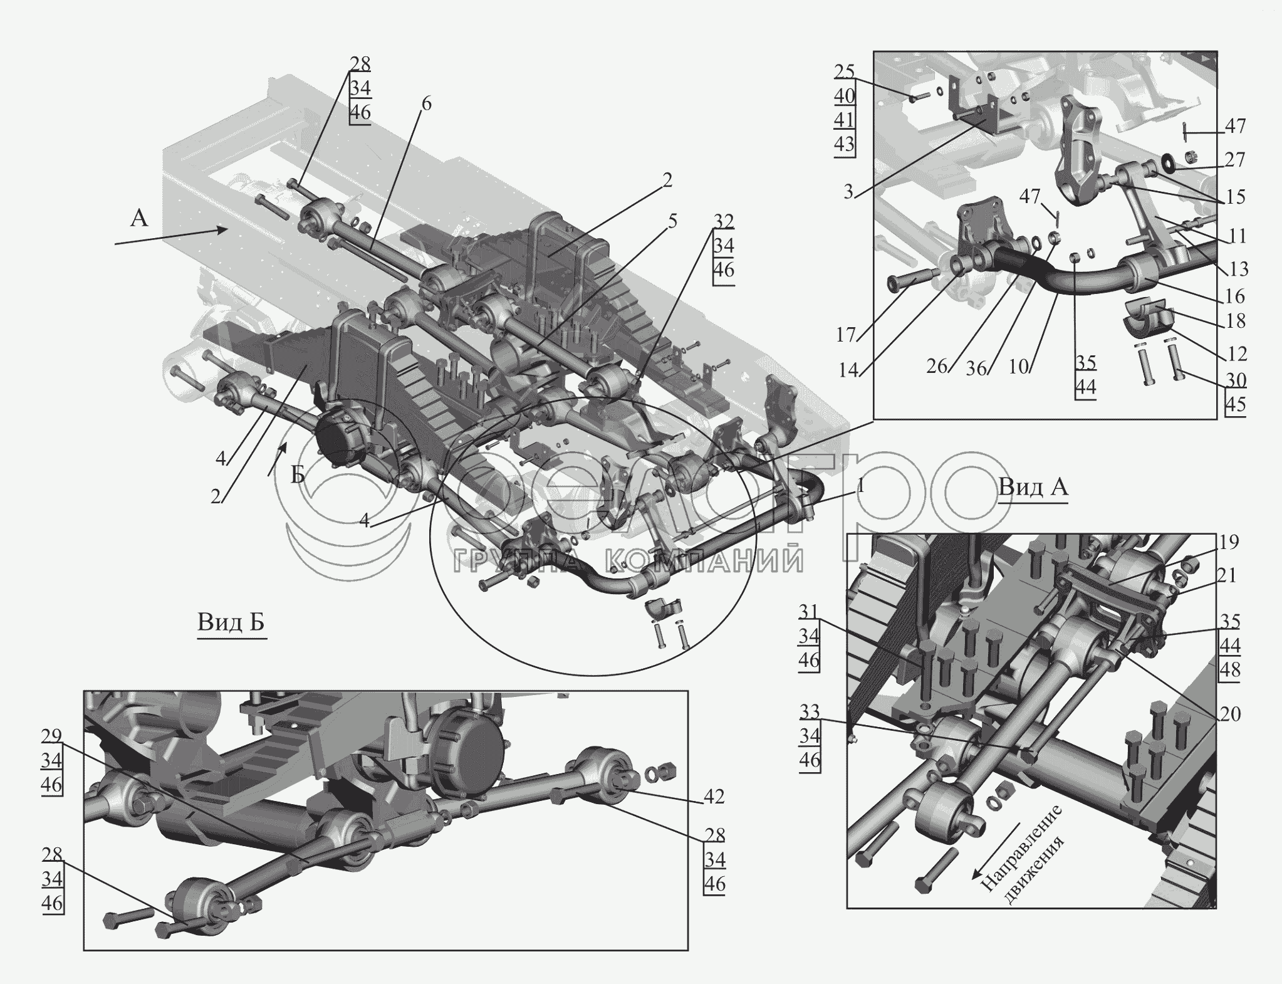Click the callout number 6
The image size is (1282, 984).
point(425,104)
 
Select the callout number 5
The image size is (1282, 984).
point(672,221)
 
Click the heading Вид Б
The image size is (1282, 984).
point(231,622)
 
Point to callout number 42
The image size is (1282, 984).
point(714,796)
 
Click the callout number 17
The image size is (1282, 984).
point(846,336)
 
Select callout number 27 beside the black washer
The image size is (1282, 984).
point(1234,160)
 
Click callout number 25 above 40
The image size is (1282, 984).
point(844,71)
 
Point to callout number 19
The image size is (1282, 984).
point(1229,542)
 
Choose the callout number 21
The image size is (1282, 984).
point(1229,575)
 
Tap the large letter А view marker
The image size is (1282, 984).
point(139,218)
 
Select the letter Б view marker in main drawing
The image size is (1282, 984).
point(298,475)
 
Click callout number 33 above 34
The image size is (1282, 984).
point(810,711)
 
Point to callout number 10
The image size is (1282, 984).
point(1019,366)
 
